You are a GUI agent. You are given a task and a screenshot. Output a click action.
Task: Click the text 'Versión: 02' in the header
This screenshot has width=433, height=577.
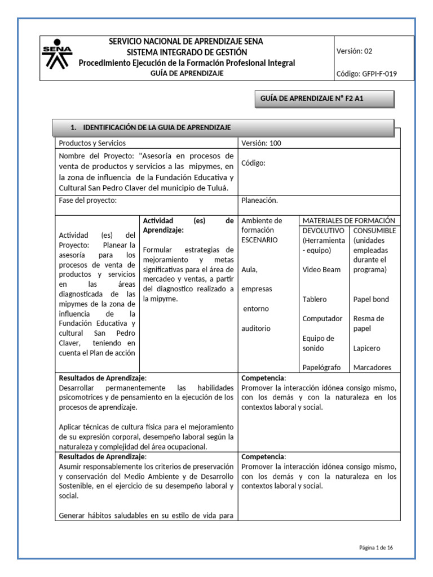tap(354, 51)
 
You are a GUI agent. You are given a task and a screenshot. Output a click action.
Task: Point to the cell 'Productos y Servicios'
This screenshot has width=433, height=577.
tap(92, 143)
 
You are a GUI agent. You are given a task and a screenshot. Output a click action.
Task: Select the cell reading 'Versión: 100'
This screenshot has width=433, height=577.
tap(261, 143)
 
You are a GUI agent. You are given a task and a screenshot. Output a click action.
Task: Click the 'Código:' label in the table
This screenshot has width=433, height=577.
tap(253, 163)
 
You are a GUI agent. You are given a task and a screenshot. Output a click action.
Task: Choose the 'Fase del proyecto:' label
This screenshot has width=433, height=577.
tap(87, 200)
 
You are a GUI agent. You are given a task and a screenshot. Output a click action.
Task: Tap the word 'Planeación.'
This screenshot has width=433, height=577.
tap(259, 200)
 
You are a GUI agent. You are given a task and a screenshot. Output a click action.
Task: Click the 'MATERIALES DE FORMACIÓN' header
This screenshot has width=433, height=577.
tap(348, 221)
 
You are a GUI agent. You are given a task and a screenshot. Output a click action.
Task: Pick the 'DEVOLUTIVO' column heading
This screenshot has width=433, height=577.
tap(324, 230)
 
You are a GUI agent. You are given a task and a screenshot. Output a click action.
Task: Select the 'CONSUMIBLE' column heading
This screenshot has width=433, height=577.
tap(374, 230)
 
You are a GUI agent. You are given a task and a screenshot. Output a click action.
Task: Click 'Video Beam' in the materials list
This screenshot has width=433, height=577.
tap(321, 269)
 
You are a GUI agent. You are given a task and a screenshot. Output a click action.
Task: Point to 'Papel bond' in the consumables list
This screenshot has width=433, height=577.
tap(371, 299)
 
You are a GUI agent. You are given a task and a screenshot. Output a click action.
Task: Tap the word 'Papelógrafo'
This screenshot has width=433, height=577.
tap(321, 367)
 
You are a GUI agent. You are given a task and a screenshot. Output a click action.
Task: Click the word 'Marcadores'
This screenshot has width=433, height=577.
tap(372, 367)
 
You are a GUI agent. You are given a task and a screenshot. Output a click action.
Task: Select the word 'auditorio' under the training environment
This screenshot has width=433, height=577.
tap(256, 328)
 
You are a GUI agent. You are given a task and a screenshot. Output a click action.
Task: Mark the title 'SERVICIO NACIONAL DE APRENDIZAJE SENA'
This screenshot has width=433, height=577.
tap(186, 42)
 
